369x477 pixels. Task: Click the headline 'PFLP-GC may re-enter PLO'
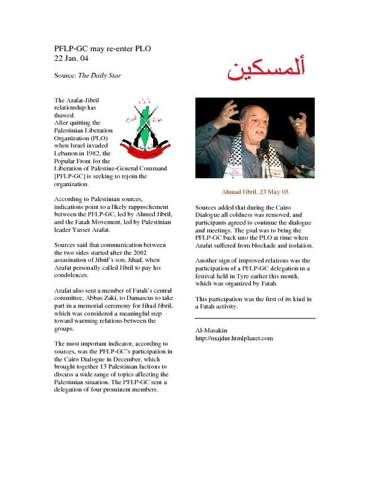point(102,48)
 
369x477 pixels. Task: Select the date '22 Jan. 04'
point(71,58)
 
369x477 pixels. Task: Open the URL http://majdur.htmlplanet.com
point(233,338)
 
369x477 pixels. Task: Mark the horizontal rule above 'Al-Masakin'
point(255,318)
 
